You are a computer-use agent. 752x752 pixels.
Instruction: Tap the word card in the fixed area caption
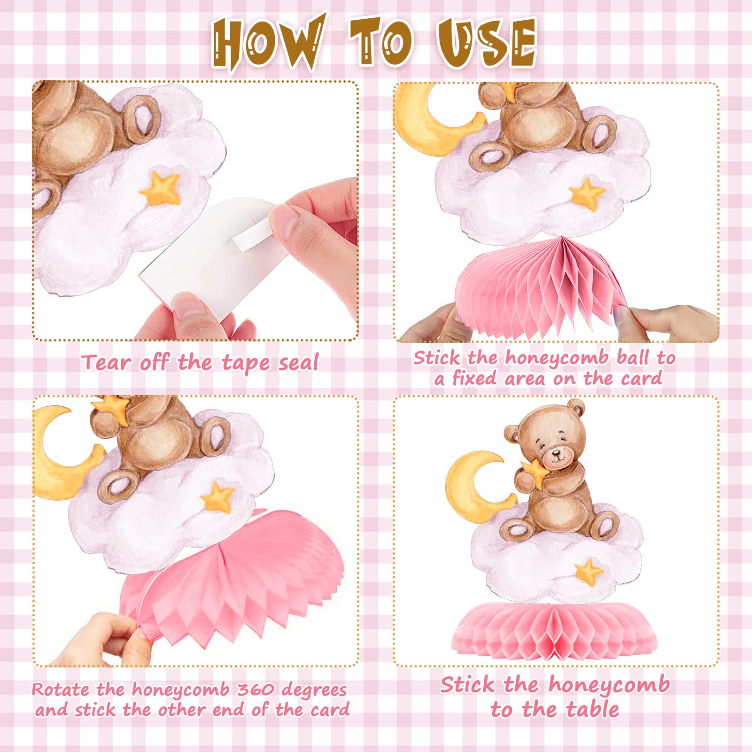point(643,378)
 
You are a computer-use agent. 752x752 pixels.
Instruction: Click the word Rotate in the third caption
point(61,690)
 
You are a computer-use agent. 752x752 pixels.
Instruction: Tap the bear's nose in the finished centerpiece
point(558,454)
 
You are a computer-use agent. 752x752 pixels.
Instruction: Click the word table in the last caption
point(592,709)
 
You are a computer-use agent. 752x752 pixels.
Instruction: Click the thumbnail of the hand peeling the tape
point(195,210)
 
